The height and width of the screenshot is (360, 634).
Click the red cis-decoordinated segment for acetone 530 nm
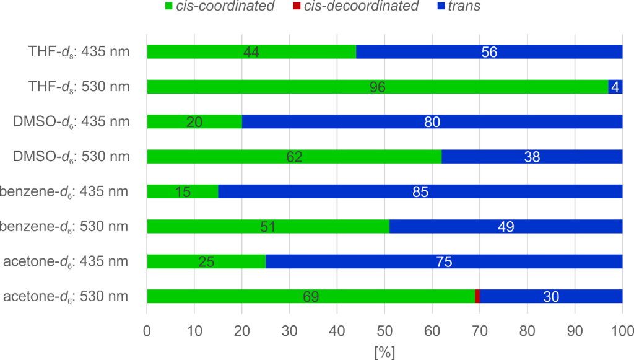[477, 296]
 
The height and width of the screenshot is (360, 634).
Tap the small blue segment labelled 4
[615, 87]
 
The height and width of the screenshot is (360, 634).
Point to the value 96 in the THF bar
[378, 87]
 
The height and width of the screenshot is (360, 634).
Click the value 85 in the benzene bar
[420, 192]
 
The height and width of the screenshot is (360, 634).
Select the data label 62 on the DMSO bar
[294, 157]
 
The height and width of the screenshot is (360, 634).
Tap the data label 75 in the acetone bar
[444, 262]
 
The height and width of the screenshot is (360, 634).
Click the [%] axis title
[384, 351]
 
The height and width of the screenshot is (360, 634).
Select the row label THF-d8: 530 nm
[79, 87]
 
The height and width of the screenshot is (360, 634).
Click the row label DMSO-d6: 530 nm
[72, 157]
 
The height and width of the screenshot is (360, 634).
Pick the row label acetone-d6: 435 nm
[66, 261]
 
